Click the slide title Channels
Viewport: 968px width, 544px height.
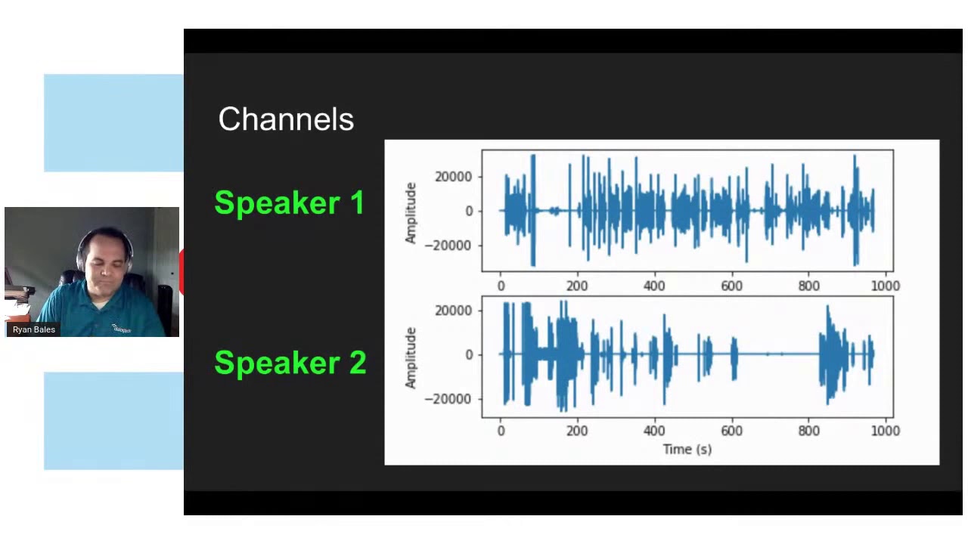click(286, 119)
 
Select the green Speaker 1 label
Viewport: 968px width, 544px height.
click(290, 203)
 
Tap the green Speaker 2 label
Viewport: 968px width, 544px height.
click(290, 363)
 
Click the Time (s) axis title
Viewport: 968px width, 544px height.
click(687, 449)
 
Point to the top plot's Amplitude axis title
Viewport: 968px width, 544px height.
click(411, 212)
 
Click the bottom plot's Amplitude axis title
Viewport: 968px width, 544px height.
click(411, 357)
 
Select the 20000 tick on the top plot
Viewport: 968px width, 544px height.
click(453, 177)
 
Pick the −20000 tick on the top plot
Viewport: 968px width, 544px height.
click(448, 246)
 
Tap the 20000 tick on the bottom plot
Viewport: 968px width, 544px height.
click(453, 311)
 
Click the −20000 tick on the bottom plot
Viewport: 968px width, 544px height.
click(448, 399)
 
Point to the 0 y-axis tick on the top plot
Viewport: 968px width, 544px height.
click(469, 212)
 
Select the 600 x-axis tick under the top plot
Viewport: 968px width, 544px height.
click(731, 286)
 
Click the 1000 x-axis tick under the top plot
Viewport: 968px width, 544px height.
click(885, 286)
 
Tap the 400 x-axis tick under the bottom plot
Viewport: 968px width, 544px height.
click(654, 431)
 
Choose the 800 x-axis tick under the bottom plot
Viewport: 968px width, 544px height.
click(808, 431)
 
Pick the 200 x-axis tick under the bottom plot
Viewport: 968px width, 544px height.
click(577, 431)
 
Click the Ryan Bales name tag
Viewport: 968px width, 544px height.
click(34, 329)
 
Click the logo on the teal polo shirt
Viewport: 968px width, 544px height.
click(121, 328)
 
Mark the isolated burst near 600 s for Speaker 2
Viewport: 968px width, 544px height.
click(734, 357)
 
